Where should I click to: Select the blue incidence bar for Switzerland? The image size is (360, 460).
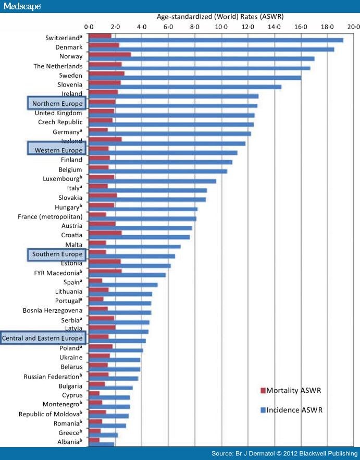pyautogui.click(x=216, y=40)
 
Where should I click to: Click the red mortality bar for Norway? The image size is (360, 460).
pyautogui.click(x=110, y=54)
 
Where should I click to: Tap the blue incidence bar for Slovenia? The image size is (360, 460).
pyautogui.click(x=185, y=87)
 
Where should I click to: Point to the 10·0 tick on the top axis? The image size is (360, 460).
pyautogui.click(x=221, y=26)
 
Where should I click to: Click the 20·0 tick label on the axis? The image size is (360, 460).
pyautogui.click(x=354, y=26)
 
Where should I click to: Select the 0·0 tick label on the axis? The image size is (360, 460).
pyautogui.click(x=89, y=26)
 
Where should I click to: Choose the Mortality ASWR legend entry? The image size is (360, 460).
pyautogui.click(x=295, y=391)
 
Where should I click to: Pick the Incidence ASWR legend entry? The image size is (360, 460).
pyautogui.click(x=294, y=410)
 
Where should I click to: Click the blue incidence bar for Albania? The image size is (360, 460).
pyautogui.click(x=101, y=444)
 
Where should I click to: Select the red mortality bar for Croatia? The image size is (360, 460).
pyautogui.click(x=105, y=232)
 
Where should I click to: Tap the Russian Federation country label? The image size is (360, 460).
pyautogui.click(x=53, y=376)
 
